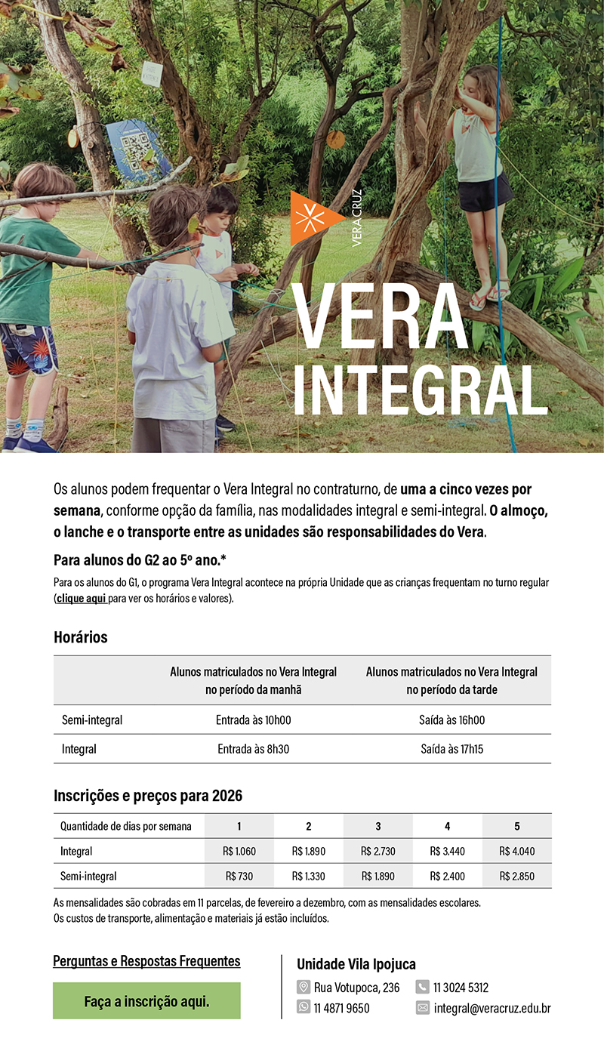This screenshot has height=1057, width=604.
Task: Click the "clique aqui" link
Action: (x=81, y=599)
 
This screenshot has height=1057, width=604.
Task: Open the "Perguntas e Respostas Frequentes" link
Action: (x=146, y=961)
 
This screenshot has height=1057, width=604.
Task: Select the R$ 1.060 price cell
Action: (x=239, y=851)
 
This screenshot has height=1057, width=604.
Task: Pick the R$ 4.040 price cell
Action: (x=516, y=851)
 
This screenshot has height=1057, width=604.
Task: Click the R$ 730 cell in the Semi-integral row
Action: (x=239, y=877)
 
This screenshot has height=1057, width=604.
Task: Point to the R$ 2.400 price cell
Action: (x=447, y=877)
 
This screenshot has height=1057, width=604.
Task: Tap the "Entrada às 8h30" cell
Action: (x=253, y=750)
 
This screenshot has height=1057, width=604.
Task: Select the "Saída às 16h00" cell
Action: (x=451, y=720)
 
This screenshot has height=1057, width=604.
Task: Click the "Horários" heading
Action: (x=81, y=637)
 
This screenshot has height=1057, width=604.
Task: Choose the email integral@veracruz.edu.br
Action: (x=492, y=1008)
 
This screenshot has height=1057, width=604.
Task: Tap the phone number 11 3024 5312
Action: (x=461, y=987)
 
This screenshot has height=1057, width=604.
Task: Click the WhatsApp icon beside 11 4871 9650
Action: (x=304, y=1008)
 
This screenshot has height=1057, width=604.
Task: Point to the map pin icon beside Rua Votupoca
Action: (x=304, y=987)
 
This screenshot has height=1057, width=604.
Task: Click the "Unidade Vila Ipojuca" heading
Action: (x=356, y=964)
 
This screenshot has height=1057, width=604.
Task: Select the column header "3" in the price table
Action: (x=377, y=826)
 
